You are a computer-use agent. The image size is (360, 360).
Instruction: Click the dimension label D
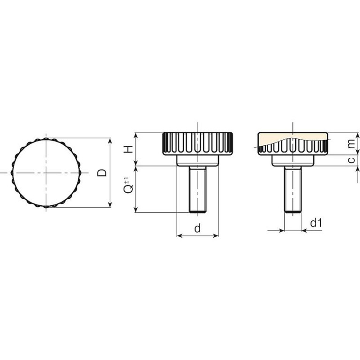point(102,172)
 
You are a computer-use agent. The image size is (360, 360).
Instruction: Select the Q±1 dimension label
point(128,185)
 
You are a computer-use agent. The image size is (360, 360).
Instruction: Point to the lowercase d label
point(197,228)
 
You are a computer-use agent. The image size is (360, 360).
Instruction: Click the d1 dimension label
point(316,223)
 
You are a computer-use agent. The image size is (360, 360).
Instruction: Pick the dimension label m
point(351,144)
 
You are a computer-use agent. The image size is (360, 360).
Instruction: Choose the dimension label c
point(351,160)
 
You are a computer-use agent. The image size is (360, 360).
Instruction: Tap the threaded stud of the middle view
point(198,190)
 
